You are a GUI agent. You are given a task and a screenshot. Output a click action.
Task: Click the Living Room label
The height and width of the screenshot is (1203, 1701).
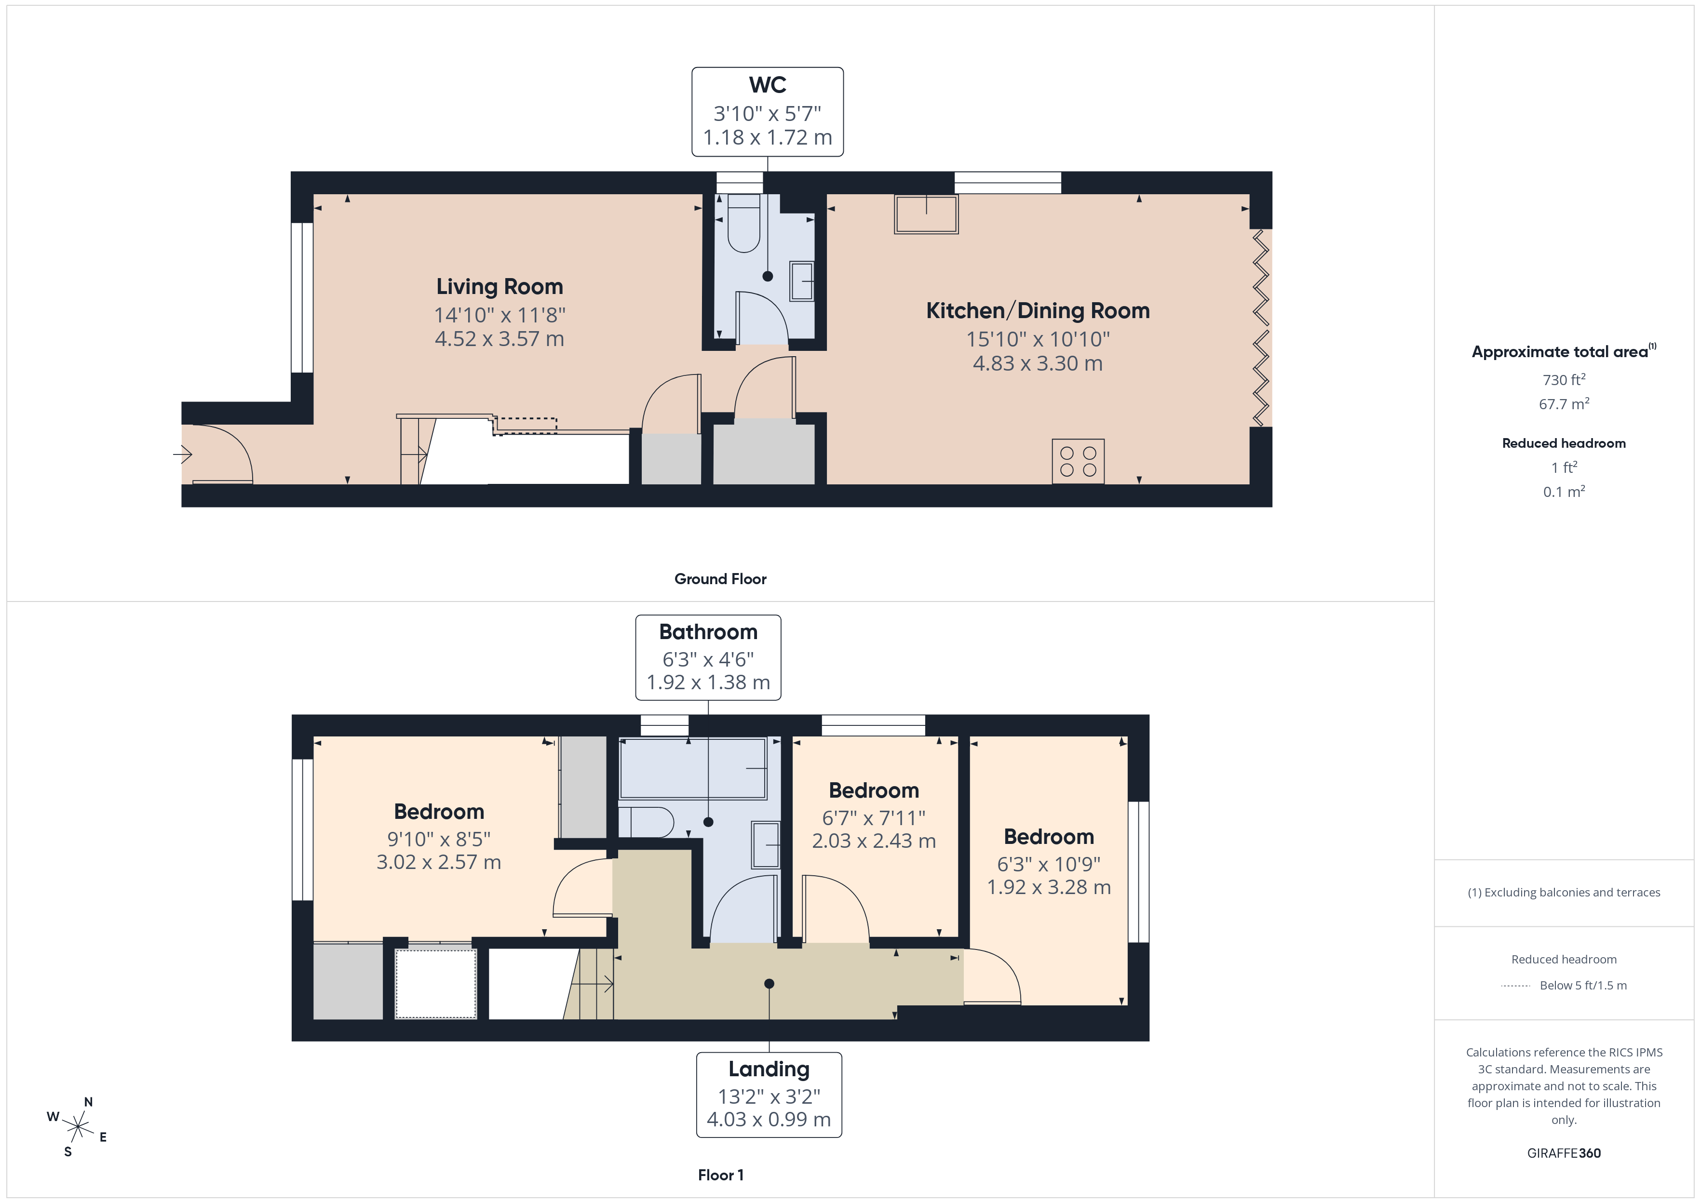[x=499, y=287]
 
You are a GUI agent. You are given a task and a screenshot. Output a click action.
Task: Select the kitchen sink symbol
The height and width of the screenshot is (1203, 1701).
[x=926, y=214]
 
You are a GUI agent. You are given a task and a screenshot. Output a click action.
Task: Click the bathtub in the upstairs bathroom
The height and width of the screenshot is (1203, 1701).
[x=692, y=768]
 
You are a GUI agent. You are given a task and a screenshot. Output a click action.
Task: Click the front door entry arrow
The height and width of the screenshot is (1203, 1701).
[x=183, y=454]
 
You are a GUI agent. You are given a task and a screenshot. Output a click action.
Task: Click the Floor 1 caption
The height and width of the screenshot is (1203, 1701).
[x=720, y=1175]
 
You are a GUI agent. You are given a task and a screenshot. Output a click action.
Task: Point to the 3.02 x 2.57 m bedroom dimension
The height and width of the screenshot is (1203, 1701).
[x=439, y=862]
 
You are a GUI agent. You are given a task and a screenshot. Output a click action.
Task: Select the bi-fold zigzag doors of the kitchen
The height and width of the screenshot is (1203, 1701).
[x=1260, y=328]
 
